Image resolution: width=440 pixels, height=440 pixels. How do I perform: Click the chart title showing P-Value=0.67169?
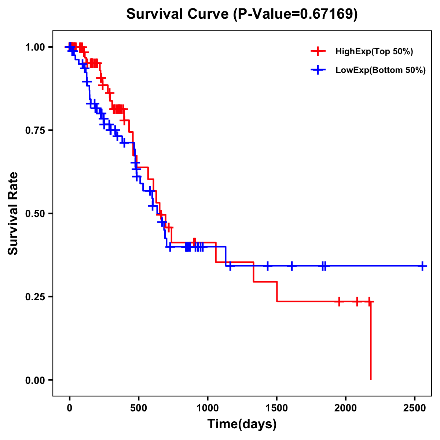tap(242, 14)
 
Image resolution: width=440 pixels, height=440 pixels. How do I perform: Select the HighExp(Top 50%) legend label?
tap(374, 52)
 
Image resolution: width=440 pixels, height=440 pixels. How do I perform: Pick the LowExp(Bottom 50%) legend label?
tap(380, 70)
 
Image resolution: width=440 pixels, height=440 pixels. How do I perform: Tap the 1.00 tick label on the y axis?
tap(35, 47)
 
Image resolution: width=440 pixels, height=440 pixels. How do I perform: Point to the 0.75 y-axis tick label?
tap(35, 130)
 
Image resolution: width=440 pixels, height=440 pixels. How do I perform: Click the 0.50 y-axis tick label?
tap(35, 213)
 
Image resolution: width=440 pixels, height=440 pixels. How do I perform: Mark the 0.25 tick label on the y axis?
tap(35, 297)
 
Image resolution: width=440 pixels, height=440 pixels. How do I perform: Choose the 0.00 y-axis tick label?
tap(35, 380)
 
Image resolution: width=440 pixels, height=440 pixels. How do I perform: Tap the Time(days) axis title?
tap(242, 424)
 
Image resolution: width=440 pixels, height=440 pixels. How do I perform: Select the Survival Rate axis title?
tap(13, 213)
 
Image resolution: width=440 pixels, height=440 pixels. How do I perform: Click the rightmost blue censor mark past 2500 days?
tap(422, 266)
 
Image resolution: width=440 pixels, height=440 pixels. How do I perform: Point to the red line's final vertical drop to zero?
tap(371, 341)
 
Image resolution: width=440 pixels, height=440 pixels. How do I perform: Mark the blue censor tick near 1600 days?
tap(292, 266)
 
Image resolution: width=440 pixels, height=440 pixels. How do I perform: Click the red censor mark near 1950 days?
tap(339, 301)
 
